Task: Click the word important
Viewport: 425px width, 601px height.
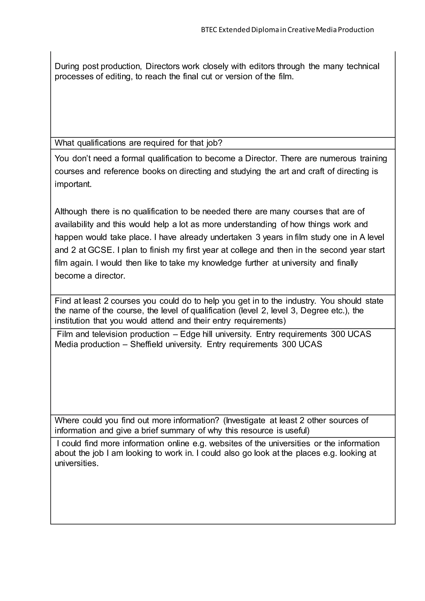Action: pos(73,184)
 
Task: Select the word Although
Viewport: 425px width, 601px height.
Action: pos(71,211)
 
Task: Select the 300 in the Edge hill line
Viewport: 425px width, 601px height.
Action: pos(338,334)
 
